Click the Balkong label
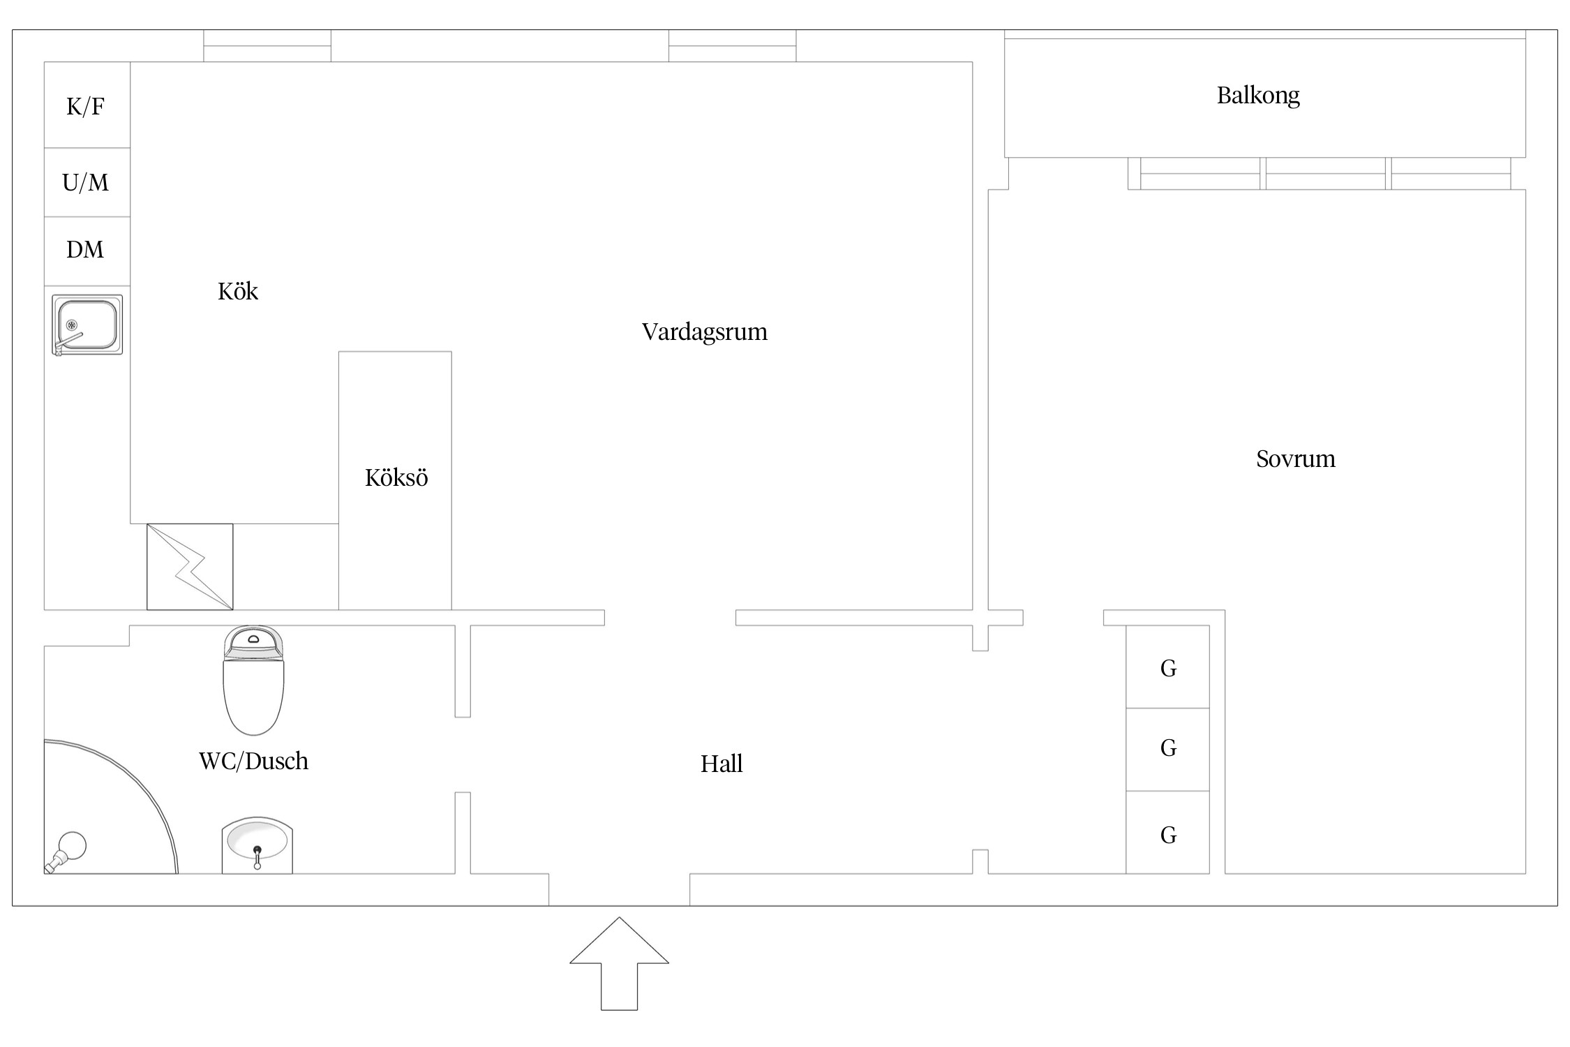point(1258,96)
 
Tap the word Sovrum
point(1296,459)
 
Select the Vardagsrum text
point(705,332)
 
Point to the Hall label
point(722,764)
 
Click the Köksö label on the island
point(396,477)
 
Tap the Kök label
point(238,291)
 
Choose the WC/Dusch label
point(253,761)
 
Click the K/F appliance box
point(87,105)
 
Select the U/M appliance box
point(87,182)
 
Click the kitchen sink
point(87,325)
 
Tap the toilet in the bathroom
point(253,681)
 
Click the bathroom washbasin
point(257,845)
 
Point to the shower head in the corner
point(66,852)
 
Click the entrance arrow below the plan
point(620,963)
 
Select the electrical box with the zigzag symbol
point(190,567)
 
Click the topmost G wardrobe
point(1167,667)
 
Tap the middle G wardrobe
point(1167,750)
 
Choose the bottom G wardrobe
point(1167,832)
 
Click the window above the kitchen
point(267,46)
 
